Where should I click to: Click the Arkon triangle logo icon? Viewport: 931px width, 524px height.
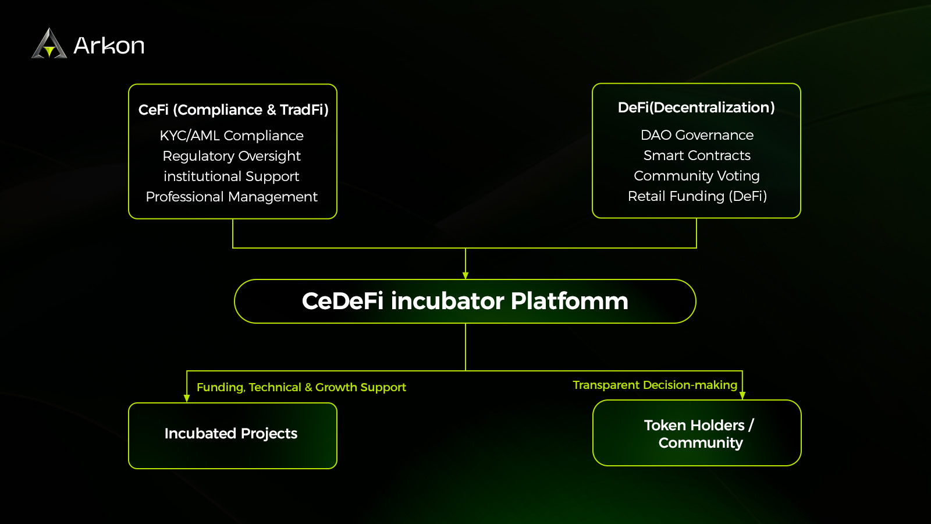click(x=49, y=44)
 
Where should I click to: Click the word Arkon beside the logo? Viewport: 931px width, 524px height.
click(x=109, y=45)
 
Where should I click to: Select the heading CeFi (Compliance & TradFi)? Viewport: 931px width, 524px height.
click(x=233, y=109)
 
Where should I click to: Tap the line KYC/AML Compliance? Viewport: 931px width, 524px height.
click(x=232, y=136)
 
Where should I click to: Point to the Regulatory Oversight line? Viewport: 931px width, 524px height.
click(x=232, y=156)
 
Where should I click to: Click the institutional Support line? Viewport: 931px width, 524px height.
click(x=232, y=176)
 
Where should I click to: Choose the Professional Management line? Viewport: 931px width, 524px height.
click(x=232, y=197)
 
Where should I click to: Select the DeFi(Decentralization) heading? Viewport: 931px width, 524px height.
click(x=697, y=108)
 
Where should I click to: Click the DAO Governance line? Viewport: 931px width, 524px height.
click(x=697, y=135)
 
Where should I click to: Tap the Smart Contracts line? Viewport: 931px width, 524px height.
click(x=697, y=155)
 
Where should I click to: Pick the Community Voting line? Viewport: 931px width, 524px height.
click(x=697, y=176)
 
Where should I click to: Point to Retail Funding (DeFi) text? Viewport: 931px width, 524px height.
click(x=697, y=196)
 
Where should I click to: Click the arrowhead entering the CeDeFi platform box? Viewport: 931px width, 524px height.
click(x=465, y=275)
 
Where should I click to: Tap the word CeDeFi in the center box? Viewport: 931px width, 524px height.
click(x=343, y=301)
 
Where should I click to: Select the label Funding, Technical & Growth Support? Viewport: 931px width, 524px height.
click(x=301, y=387)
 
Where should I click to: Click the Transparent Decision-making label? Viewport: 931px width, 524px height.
click(x=655, y=385)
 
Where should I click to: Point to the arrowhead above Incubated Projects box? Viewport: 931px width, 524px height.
click(x=187, y=398)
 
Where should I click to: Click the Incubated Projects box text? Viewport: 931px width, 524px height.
click(x=231, y=434)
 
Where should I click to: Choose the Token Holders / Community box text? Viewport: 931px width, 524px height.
click(x=699, y=434)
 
